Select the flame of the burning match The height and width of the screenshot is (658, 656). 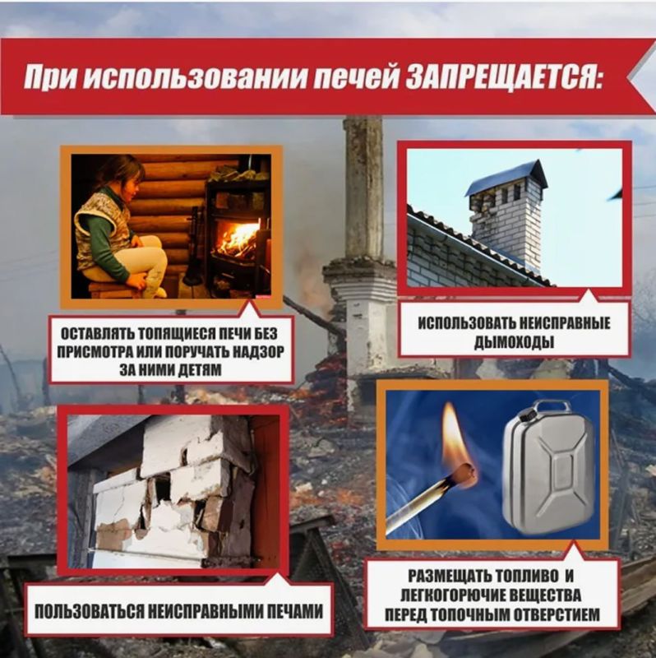[x=453, y=435]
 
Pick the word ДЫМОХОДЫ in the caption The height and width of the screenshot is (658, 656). [x=513, y=341]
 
